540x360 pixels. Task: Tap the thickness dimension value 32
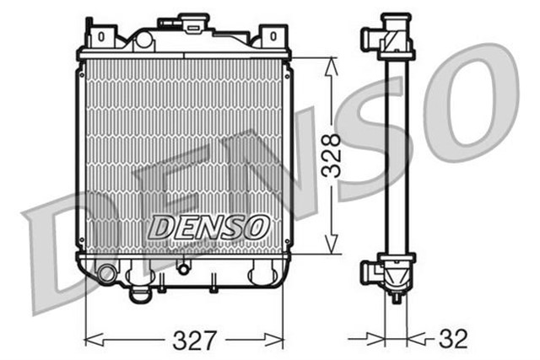tap(454, 340)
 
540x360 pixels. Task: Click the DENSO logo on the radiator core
tap(209, 227)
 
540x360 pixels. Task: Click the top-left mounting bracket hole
tap(100, 36)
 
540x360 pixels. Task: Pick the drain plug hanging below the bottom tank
tap(140, 295)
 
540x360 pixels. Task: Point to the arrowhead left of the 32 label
tap(379, 340)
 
